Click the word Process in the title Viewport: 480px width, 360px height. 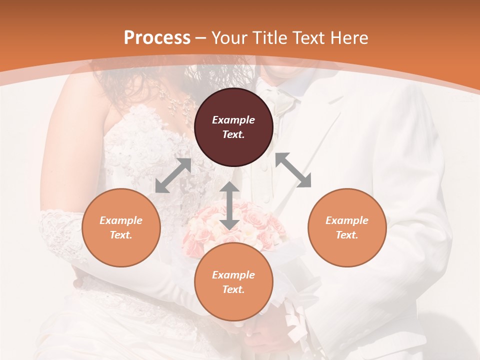(157, 38)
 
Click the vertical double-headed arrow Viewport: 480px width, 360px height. (229, 206)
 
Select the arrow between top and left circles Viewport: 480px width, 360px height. (173, 175)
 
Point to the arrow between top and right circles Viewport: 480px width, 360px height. (293, 170)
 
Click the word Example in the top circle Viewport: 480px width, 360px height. (233, 120)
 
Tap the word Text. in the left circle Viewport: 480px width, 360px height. (121, 235)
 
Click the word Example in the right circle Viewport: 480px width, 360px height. (347, 220)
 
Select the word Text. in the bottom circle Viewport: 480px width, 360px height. (233, 289)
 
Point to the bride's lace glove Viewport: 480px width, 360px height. (60, 232)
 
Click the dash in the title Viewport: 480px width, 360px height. (201, 38)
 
